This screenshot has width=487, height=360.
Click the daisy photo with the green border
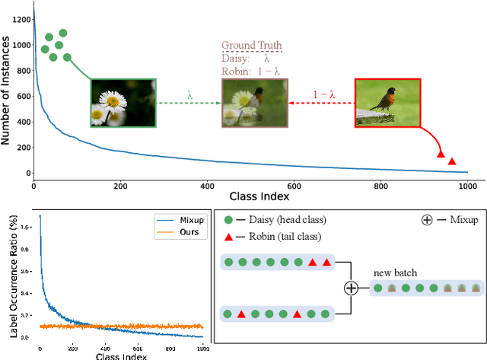click(123, 101)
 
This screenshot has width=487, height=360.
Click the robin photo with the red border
click(387, 101)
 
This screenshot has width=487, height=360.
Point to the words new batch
click(396, 272)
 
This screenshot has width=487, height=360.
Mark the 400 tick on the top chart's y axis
click(21, 121)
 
